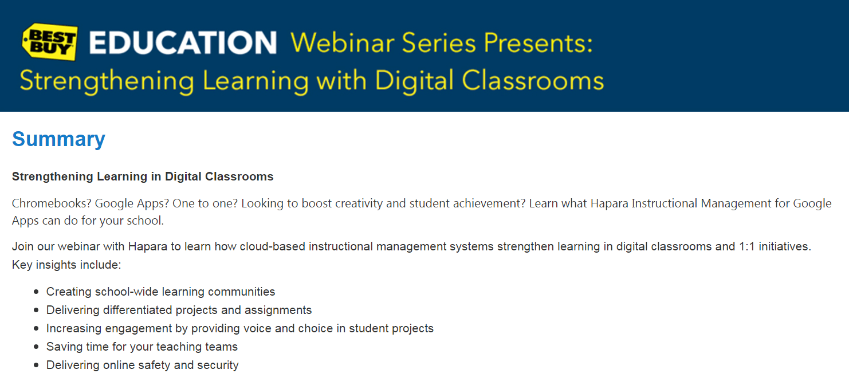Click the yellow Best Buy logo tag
click(x=49, y=42)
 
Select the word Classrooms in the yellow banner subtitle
click(x=533, y=81)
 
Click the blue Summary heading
click(x=58, y=139)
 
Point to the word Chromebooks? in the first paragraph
click(x=50, y=203)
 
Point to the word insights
click(x=58, y=265)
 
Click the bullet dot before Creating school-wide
click(x=37, y=292)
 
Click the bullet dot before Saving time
click(x=37, y=347)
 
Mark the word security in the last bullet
click(x=218, y=365)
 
